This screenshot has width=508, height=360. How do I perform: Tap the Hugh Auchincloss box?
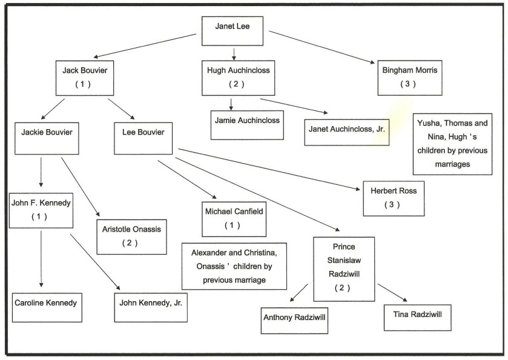click(x=233, y=77)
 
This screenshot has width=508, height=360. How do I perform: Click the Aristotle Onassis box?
click(x=131, y=236)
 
